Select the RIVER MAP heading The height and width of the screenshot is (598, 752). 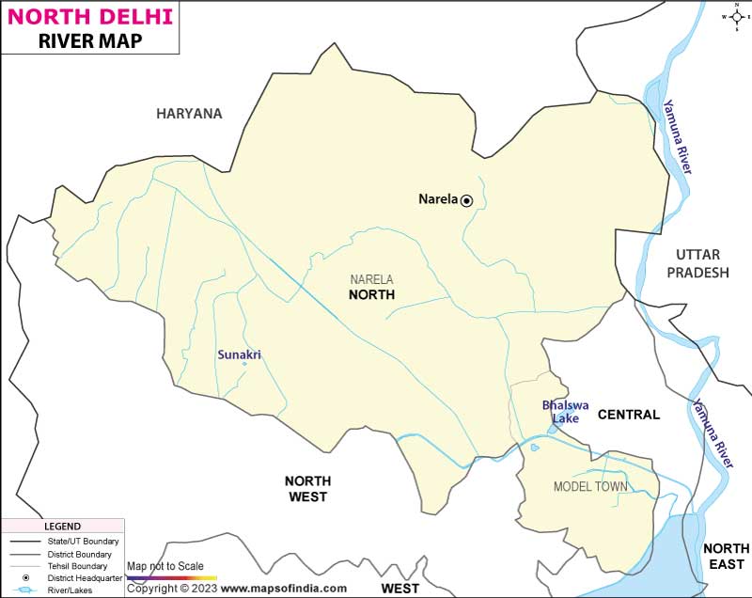click(89, 42)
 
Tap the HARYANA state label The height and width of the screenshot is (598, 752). click(189, 114)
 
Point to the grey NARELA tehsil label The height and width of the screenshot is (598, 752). click(371, 279)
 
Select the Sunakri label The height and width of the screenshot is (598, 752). click(239, 354)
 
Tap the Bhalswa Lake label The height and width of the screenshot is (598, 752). click(565, 412)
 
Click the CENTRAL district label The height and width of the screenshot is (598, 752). click(629, 415)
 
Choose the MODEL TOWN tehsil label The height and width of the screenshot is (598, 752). click(590, 486)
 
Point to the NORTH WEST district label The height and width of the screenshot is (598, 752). click(306, 488)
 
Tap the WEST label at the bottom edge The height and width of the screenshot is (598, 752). click(399, 589)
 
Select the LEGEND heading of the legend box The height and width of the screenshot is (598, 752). click(63, 527)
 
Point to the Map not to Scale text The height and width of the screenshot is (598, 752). click(164, 566)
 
